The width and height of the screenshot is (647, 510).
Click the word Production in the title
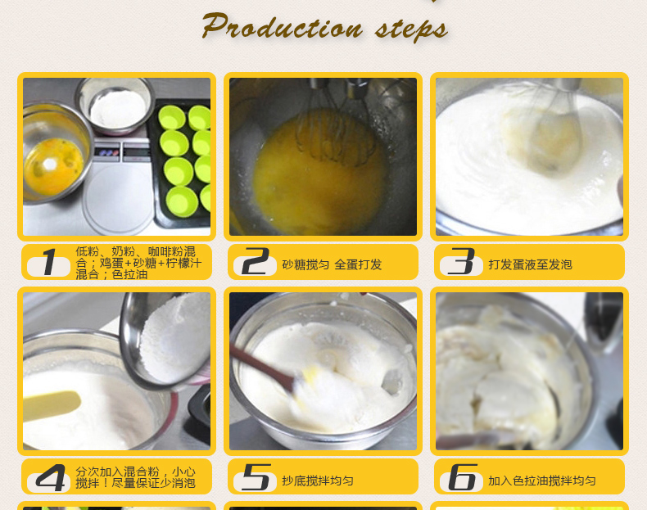pos(283,26)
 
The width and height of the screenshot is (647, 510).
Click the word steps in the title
pos(411,29)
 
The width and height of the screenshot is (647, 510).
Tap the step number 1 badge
pos(48,262)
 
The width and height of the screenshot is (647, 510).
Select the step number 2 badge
pos(255,262)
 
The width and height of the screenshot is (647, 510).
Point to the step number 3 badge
pos(461,262)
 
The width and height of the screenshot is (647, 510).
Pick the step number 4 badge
pos(48,478)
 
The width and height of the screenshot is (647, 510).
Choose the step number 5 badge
pos(255,478)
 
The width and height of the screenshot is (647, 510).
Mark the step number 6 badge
pos(461,478)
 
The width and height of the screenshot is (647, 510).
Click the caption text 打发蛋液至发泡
pos(530,264)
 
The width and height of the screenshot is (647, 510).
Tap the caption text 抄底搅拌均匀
pos(318,481)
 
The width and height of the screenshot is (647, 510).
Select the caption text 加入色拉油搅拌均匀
pos(542,481)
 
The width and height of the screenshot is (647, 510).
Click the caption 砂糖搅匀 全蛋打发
pos(333,264)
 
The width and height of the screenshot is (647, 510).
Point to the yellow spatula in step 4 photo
pos(52,404)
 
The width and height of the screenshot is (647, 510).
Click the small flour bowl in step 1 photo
pos(115,106)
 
